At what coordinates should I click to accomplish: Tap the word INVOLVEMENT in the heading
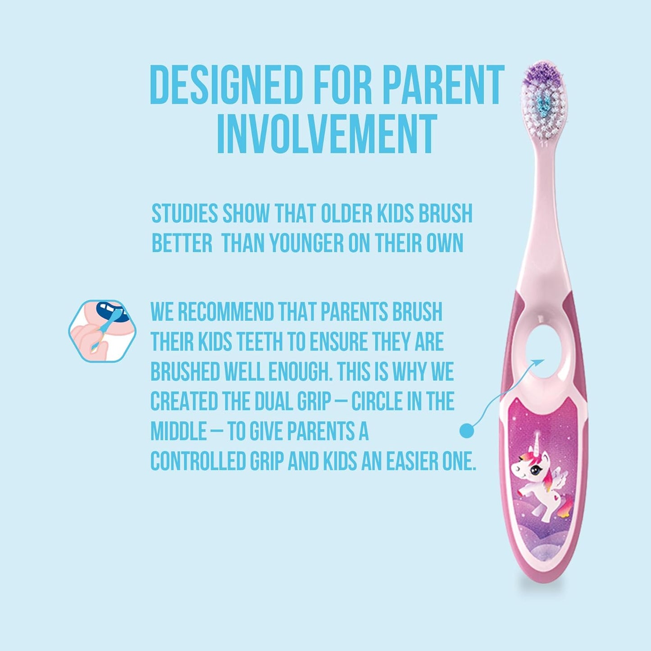(x=327, y=134)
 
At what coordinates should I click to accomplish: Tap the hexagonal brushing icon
(x=102, y=331)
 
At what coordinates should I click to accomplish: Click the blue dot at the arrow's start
(x=467, y=431)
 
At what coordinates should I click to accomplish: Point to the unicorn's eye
(x=534, y=471)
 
